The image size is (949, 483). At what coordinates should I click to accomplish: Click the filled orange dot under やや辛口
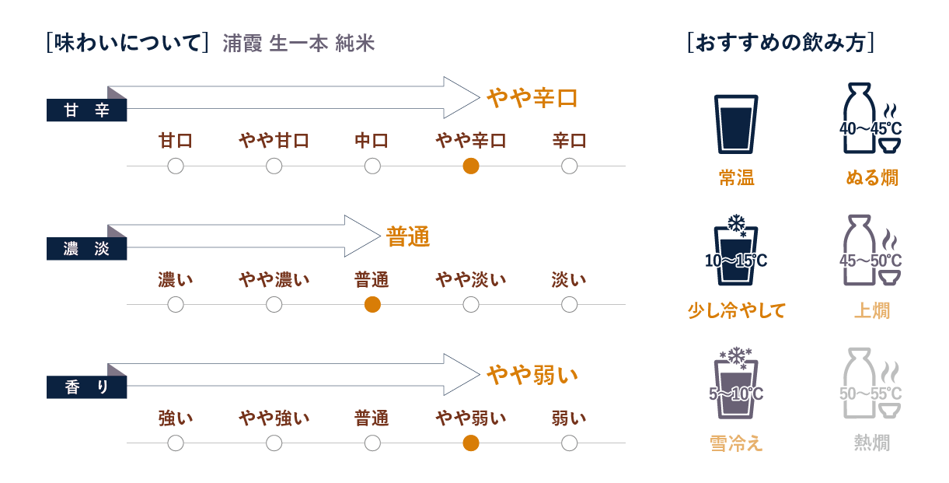point(470,166)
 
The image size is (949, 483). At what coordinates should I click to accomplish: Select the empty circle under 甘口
point(176,166)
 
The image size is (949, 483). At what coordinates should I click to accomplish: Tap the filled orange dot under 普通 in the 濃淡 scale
point(372,305)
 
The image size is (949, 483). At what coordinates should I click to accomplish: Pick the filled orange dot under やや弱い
point(470,443)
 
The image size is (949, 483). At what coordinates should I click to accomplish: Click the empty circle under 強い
point(176,443)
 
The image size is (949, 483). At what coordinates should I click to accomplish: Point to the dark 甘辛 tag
point(86,110)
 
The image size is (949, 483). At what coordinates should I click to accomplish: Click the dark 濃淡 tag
point(86,249)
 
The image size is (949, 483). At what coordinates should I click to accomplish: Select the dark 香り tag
point(86,387)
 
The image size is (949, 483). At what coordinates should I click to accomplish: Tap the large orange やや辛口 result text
point(532,98)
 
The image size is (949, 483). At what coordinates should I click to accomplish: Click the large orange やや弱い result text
point(532,375)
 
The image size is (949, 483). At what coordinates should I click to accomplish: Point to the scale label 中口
point(372,141)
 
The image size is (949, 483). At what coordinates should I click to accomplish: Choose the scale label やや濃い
point(274,279)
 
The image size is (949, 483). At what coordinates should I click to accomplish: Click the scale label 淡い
point(569,279)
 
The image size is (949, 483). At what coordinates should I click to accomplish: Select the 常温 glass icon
point(735,123)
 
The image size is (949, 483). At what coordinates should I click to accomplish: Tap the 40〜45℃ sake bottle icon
point(870,121)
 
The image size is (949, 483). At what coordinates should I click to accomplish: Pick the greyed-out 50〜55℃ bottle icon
point(870,384)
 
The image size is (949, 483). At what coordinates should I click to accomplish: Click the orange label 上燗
point(871,310)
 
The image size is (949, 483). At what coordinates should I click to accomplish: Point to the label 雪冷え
point(735,443)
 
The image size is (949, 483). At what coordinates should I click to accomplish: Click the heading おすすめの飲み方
point(781,43)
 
